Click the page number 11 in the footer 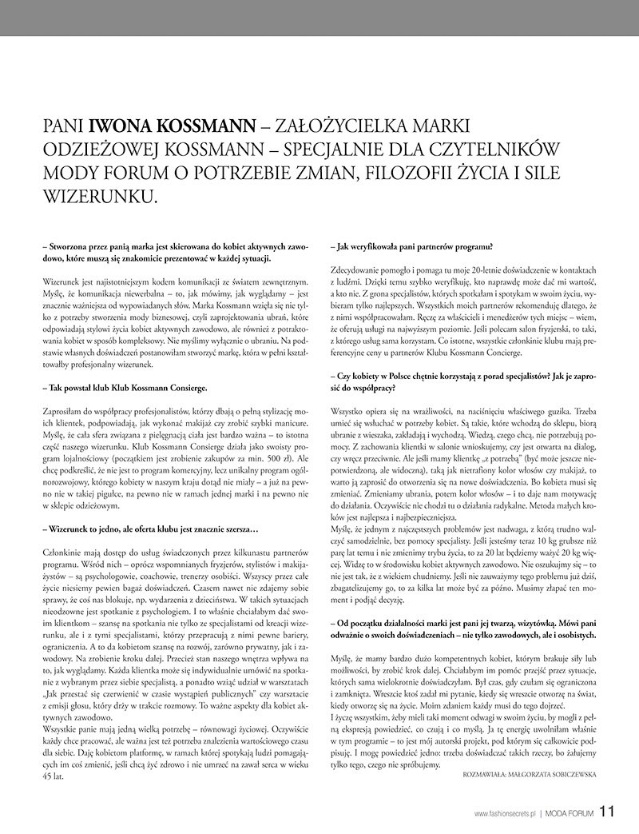tap(607, 812)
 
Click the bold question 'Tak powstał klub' tap(117, 388)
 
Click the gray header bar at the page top tap(319, 17)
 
